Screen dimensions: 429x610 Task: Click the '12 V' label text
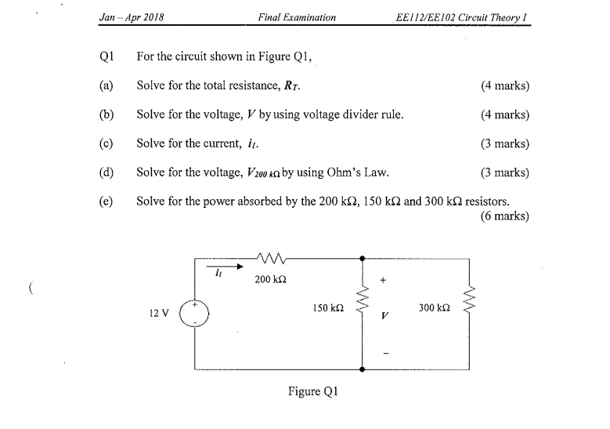159,314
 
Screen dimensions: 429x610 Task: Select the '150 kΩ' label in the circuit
327,309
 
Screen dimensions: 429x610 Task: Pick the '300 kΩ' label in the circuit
434,308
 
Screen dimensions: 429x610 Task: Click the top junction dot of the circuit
362,257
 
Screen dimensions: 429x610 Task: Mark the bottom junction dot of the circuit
362,369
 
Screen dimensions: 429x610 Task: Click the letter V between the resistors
384,317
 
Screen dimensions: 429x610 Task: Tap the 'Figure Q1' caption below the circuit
315,392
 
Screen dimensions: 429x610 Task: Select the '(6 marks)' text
505,216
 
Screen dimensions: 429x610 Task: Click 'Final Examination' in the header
296,16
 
